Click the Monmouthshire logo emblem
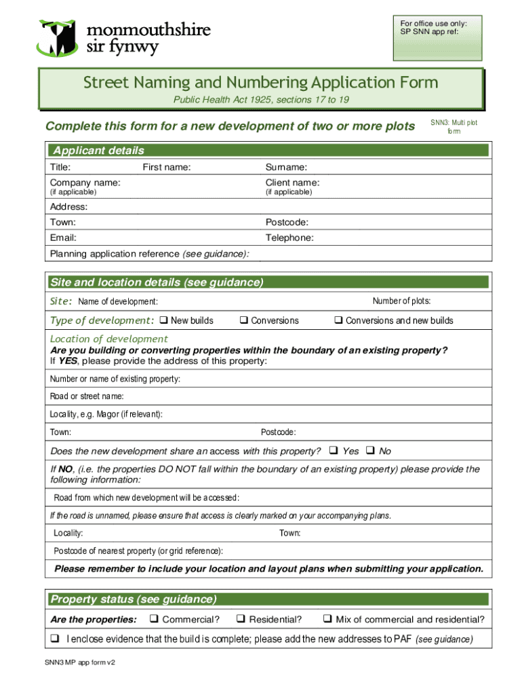pos(59,38)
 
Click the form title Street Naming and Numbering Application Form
pos(260,83)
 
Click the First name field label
pos(166,167)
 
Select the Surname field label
pos(286,167)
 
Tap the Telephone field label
pos(289,238)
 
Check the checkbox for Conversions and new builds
pos(338,320)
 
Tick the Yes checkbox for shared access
pos(333,451)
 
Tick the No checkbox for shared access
pos(370,451)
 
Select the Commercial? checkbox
pos(154,619)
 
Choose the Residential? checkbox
pos(240,619)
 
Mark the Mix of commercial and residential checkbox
pos(327,619)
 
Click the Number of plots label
pos(401,301)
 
